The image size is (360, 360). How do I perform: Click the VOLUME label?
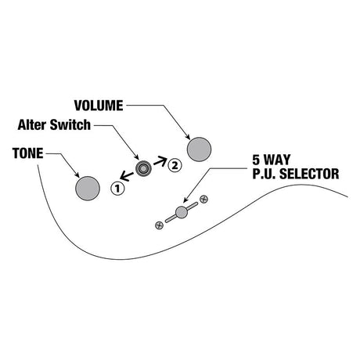[99, 106]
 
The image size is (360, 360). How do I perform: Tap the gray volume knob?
[199, 149]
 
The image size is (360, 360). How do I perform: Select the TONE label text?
[27, 153]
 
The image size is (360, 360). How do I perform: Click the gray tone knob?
[88, 189]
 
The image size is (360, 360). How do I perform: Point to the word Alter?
[32, 124]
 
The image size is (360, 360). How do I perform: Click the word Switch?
[70, 124]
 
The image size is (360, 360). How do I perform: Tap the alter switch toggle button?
[143, 169]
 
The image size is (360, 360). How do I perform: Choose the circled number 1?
[117, 188]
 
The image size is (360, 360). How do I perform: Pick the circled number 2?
[175, 165]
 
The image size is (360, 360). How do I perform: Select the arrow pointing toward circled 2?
[160, 161]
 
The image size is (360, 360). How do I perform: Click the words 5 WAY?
[272, 160]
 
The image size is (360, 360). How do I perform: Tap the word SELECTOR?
[309, 174]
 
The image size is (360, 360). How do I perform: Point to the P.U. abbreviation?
[265, 174]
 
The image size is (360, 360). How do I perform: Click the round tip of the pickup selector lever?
[182, 212]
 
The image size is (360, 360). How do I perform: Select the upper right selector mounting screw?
[203, 200]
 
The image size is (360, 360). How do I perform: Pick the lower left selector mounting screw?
[159, 225]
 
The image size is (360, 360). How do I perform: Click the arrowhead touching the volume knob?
[188, 137]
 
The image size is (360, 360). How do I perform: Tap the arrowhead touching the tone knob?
[77, 175]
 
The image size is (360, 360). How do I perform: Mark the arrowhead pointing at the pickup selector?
[185, 200]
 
